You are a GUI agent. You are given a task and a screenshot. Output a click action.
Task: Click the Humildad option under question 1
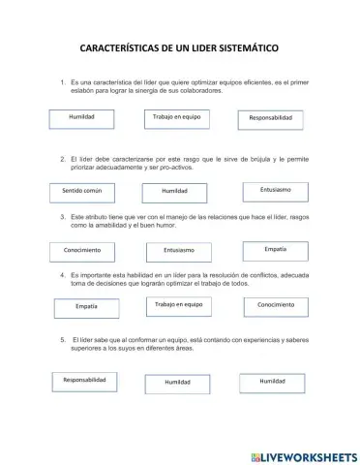pos(82,117)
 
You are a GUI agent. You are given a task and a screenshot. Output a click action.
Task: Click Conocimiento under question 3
pos(82,251)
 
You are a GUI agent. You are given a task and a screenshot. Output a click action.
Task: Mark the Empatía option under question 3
pos(275,250)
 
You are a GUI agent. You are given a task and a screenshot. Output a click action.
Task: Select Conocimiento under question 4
pos(276,306)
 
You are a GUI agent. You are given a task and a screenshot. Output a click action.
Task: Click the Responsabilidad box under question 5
pos(86,382)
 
